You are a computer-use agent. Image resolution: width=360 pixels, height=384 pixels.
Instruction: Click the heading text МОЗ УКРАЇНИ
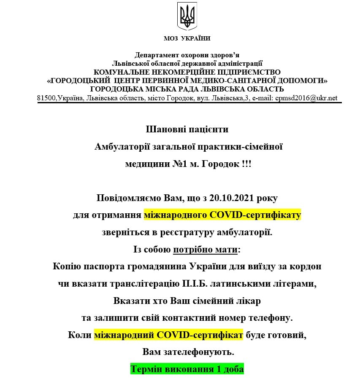click(x=187, y=38)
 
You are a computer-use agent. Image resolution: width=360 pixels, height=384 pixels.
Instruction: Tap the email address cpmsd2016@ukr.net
click(x=306, y=98)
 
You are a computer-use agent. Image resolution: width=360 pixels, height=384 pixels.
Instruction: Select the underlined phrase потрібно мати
click(x=205, y=250)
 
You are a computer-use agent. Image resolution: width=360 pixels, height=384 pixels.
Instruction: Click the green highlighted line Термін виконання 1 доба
click(x=187, y=370)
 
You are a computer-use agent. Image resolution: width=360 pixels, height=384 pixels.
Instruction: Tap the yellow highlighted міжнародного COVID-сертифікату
click(x=222, y=215)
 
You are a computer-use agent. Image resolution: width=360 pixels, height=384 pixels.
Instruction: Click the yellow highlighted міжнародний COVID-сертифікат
click(x=168, y=336)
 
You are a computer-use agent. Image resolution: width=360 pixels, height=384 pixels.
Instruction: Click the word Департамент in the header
click(x=155, y=55)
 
